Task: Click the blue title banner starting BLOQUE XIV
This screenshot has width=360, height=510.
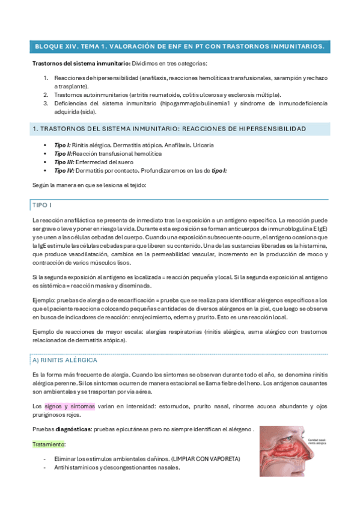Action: tap(180, 46)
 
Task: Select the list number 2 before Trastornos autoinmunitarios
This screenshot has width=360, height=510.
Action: tap(46, 95)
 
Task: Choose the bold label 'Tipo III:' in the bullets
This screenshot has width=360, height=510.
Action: tap(64, 162)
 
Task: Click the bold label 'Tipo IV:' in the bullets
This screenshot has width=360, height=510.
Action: tap(64, 170)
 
